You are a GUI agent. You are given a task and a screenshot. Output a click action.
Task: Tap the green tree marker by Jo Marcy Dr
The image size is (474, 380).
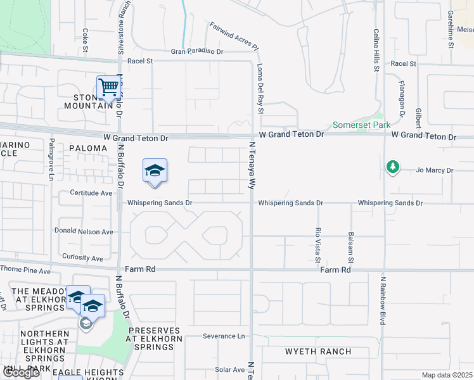393,167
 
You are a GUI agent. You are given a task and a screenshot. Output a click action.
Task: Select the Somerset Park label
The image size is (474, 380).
362,125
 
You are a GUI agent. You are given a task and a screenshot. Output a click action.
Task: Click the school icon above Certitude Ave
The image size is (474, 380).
155,170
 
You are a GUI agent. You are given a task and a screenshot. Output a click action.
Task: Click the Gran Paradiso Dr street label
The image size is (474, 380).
197,51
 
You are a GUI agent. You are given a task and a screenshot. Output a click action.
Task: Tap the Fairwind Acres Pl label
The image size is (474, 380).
234,36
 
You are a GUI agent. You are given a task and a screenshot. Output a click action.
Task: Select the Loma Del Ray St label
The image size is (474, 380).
260,89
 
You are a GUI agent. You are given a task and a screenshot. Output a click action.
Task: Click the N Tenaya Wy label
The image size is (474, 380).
252,166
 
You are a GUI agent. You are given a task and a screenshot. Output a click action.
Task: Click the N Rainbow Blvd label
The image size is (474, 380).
383,300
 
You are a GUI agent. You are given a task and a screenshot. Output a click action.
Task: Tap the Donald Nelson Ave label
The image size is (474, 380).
84,232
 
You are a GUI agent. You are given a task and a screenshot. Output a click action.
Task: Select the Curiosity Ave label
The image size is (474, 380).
79,258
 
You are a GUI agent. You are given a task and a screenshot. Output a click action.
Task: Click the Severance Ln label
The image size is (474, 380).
223,336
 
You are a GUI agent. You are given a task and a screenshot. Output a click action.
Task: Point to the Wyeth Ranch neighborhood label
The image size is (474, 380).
309,351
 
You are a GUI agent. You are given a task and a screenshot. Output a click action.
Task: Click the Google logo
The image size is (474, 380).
21,372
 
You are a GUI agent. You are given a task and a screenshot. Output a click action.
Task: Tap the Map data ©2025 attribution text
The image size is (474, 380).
447,376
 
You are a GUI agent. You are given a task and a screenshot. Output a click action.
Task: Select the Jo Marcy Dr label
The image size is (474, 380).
435,170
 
